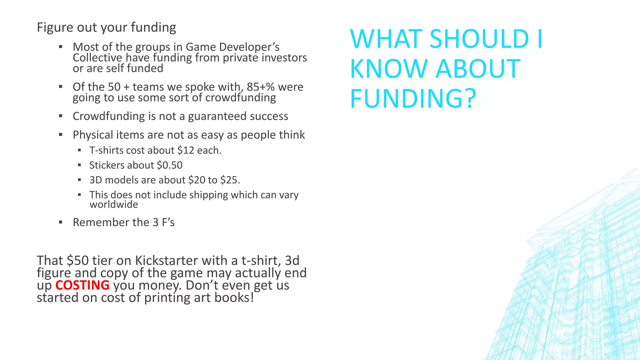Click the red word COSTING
point(82,285)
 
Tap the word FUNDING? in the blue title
point(413,99)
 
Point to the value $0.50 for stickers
point(170,165)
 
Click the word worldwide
point(114,204)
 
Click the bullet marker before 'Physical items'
point(61,135)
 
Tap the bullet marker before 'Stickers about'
point(80,165)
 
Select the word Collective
point(97,58)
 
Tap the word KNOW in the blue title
point(388,69)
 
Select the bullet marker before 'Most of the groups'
point(61,47)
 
